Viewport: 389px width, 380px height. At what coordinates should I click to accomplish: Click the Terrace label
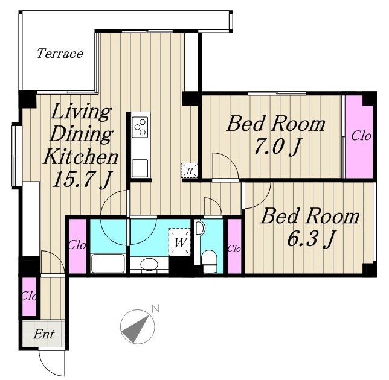coord(60,54)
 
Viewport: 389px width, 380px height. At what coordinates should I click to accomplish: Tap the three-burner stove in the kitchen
coord(140,127)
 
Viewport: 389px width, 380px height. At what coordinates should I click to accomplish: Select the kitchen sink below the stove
coord(140,168)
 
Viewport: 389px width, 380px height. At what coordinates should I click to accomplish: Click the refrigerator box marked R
coord(190,171)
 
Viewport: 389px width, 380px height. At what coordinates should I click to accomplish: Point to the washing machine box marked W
coord(180,242)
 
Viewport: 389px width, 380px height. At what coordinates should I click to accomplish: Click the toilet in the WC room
coord(209,261)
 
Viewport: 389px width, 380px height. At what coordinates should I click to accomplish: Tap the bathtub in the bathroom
coord(108,263)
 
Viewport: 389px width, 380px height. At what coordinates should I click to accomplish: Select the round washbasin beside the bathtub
coord(149,264)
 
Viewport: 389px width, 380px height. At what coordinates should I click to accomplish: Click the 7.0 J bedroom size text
coord(278,147)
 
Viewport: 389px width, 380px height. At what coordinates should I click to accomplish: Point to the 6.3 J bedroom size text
coord(311,238)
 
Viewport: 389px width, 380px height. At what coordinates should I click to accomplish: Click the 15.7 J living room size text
coord(81,180)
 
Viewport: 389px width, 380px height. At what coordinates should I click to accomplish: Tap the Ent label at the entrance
coord(43,334)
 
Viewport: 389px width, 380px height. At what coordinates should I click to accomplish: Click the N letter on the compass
coord(155,309)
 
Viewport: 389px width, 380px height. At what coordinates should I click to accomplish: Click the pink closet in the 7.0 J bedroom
coord(359,136)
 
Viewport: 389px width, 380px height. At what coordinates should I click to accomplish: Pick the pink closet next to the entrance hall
coord(29,297)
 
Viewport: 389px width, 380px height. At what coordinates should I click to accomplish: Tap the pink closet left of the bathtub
coord(77,246)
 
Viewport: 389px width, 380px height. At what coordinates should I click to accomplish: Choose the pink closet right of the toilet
coord(234,246)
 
